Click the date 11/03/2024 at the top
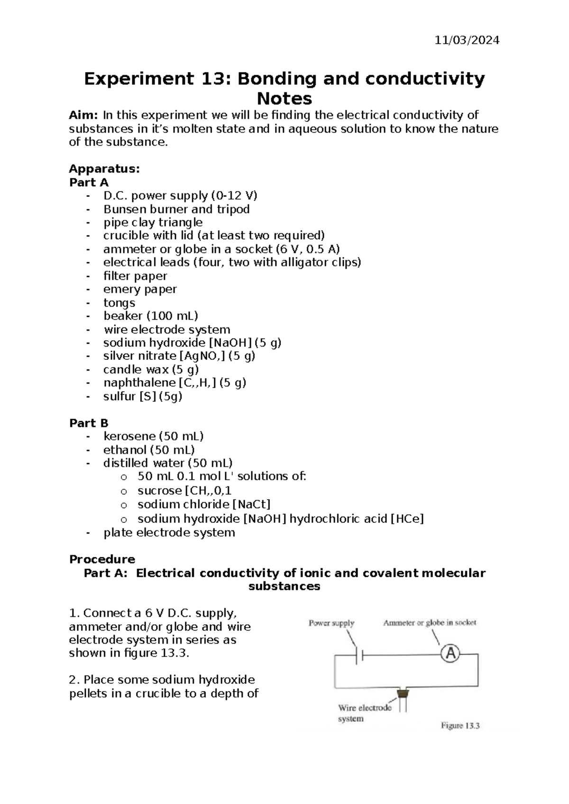pos(467,40)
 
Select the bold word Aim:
pos(83,115)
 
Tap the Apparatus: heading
pos(104,169)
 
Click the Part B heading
pos(89,423)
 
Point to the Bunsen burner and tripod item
pos(176,209)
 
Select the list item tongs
pos(119,302)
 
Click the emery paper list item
pos(140,289)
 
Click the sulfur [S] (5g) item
pos(143,396)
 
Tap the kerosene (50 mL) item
pos(153,436)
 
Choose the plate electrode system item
pos(169,532)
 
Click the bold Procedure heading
pos(102,559)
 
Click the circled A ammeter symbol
pos(450,654)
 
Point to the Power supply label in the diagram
pos(331,623)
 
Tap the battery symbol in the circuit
pos(359,655)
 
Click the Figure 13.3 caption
pos(460,725)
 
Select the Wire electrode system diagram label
pos(364,713)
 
